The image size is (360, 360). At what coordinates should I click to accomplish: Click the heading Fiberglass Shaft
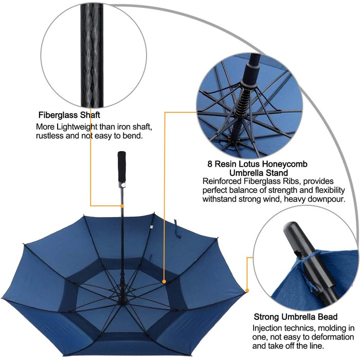69,115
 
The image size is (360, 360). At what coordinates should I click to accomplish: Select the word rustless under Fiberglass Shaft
49,136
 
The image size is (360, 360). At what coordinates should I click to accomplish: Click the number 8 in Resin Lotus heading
210,164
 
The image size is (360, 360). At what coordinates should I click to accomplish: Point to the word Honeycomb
284,164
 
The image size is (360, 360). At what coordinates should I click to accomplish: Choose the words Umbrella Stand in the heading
259,173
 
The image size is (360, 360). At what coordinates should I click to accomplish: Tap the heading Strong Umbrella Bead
296,317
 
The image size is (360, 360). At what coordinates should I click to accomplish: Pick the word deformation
330,337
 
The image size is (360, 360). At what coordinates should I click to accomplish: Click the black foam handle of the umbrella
122,167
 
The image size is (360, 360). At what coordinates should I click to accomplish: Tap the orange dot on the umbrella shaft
122,206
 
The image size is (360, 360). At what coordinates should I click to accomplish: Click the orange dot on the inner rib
164,281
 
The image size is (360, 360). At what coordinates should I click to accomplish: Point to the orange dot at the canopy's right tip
247,291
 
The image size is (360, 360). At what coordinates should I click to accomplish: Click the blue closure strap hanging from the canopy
177,229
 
